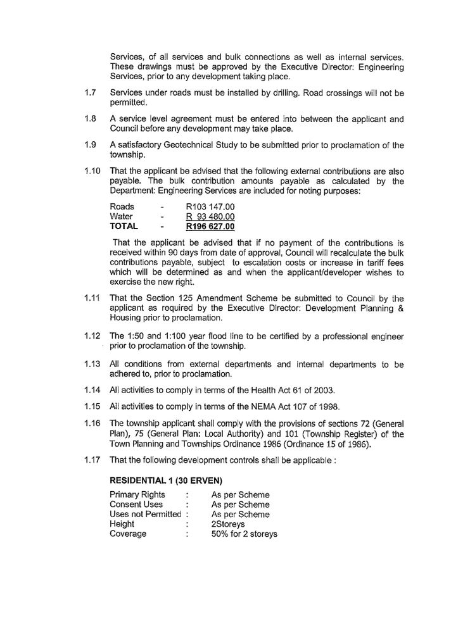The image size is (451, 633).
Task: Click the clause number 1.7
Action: tap(91, 93)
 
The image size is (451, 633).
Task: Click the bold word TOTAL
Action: tap(124, 226)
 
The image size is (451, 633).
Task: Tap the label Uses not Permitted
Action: tap(146, 515)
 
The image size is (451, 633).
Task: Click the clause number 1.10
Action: tap(93, 171)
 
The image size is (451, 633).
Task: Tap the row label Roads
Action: tap(122, 207)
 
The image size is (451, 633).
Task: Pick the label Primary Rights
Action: tap(137, 495)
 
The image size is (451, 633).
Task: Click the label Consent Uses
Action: tap(136, 505)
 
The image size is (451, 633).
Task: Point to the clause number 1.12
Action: tap(93, 335)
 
